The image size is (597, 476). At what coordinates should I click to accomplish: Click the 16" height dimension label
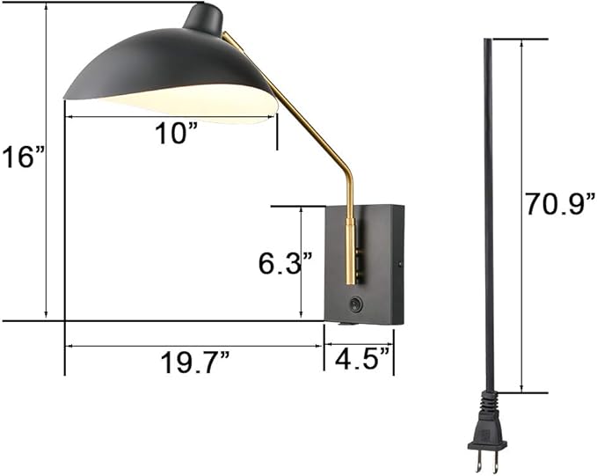tap(23, 157)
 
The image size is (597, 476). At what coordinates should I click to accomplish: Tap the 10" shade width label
tap(177, 133)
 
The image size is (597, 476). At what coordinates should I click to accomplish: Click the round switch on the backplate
tap(354, 305)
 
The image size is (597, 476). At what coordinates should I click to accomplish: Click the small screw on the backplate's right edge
tap(400, 263)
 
